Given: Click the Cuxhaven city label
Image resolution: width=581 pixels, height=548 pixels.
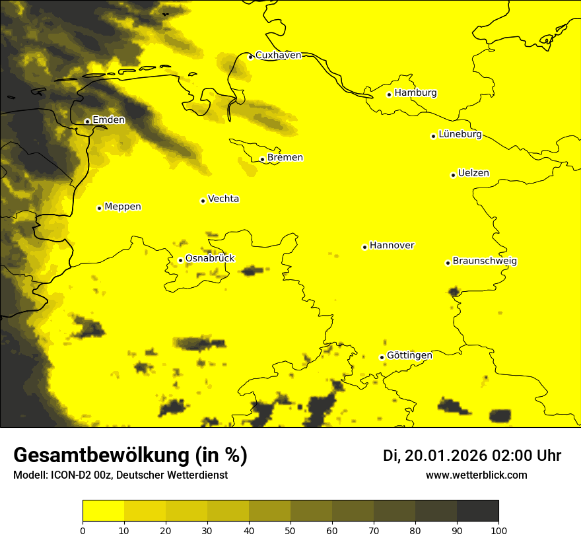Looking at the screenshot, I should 278,55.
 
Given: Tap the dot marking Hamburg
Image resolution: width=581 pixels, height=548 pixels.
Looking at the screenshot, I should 390,94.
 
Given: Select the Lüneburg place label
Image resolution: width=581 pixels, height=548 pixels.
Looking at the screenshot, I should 460,135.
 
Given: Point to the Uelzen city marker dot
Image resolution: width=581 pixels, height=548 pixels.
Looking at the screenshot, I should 454,175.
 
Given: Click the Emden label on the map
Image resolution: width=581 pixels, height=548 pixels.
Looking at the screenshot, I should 108,120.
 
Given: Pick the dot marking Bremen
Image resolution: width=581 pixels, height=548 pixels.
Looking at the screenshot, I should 263,159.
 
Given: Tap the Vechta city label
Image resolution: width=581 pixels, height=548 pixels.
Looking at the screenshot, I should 223,199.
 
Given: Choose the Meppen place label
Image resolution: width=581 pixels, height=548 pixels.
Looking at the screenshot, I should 122,207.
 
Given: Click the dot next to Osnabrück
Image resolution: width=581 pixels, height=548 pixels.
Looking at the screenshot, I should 180,260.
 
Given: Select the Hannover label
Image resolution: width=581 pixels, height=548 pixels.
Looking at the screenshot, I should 392,246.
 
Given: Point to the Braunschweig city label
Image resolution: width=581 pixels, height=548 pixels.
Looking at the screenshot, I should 485,261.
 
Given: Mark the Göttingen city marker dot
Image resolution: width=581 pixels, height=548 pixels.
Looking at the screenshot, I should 382,357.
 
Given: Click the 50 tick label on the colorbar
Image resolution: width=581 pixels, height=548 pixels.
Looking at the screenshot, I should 290,530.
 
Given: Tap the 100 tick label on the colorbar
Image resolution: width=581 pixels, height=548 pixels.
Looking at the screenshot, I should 498,530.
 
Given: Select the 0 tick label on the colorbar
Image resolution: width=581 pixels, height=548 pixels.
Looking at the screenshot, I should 83,530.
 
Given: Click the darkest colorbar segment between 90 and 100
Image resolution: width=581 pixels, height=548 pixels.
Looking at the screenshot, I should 477,511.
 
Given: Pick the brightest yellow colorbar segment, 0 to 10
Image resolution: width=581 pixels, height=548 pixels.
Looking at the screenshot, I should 103,511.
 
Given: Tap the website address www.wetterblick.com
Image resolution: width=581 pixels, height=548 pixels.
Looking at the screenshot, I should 476,475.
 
